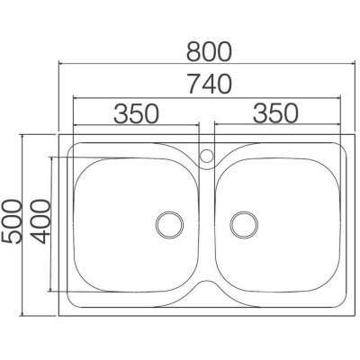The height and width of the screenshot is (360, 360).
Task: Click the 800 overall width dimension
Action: [x=210, y=51]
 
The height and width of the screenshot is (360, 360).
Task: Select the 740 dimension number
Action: [x=210, y=84]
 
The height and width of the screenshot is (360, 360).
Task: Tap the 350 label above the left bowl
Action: [x=136, y=113]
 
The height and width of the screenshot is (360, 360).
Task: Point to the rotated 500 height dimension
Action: [x=12, y=222]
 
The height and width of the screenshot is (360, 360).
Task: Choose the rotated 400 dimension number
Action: [x=41, y=221]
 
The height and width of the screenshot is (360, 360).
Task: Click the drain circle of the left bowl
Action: [x=170, y=225]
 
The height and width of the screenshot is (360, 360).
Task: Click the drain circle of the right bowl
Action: [x=244, y=225]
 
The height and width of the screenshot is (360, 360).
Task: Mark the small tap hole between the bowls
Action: [x=207, y=156]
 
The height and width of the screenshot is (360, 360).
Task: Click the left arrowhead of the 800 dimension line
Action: [x=60, y=64]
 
